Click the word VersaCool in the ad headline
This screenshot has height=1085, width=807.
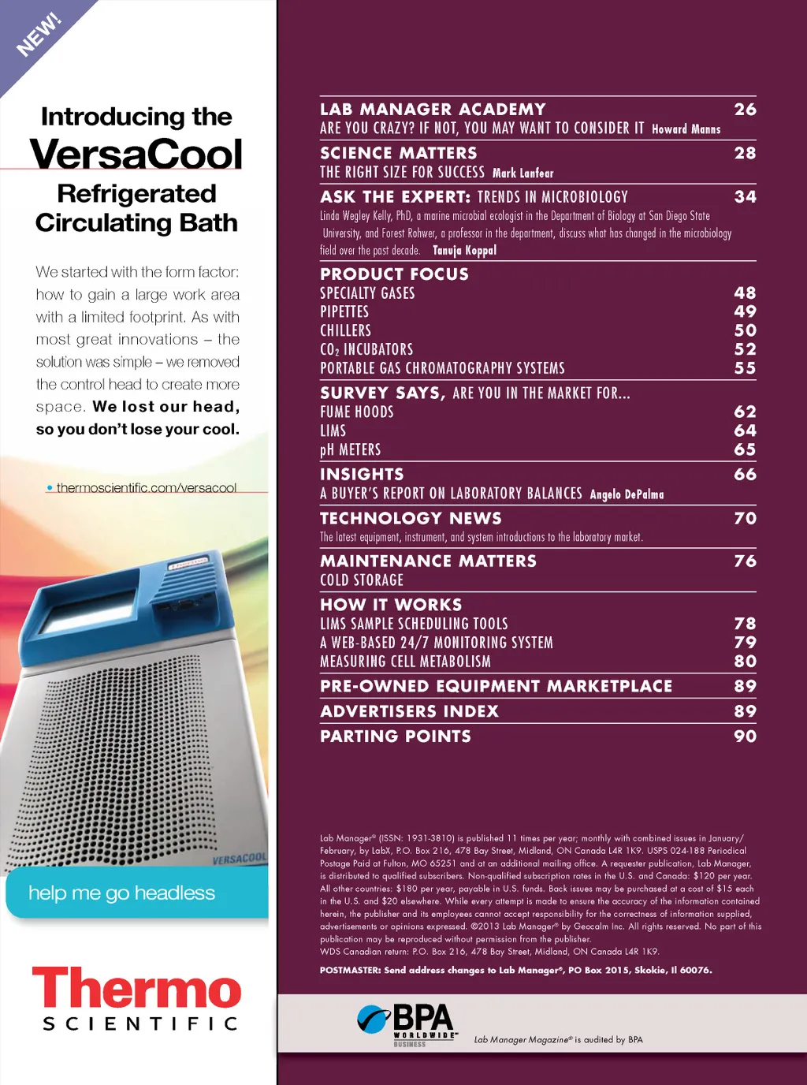click(136, 155)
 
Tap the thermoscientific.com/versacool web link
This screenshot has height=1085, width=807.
click(146, 488)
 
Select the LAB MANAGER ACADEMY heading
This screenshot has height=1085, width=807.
click(433, 110)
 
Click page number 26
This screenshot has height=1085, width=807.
click(745, 110)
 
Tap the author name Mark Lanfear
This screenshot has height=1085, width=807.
click(523, 173)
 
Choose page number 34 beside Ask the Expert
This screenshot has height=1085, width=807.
click(745, 196)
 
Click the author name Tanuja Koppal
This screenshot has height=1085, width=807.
click(464, 251)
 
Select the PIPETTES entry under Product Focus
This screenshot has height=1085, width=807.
click(344, 312)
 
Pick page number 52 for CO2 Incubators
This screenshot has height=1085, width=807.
click(745, 349)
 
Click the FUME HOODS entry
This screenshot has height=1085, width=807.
click(356, 412)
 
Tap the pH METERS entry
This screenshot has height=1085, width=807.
click(350, 449)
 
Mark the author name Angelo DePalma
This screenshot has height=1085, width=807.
click(627, 494)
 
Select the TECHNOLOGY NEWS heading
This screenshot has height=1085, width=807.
click(411, 518)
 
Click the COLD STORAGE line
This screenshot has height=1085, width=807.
click(362, 580)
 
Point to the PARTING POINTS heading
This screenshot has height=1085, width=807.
click(396, 736)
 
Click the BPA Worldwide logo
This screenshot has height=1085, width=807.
click(407, 1023)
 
